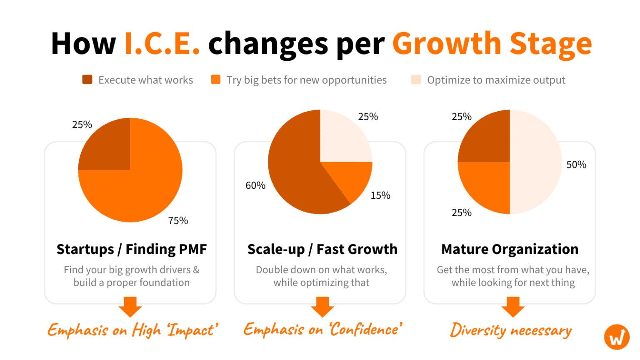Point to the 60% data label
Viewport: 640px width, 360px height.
point(255,185)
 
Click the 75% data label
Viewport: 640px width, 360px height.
point(178,220)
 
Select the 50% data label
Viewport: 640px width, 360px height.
point(576,165)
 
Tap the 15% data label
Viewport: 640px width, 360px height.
point(380,195)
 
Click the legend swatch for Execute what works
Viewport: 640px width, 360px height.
point(87,80)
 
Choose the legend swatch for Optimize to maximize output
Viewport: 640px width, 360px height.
point(416,80)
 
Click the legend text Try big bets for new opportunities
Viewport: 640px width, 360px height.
point(306,80)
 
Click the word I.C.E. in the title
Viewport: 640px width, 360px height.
point(162,43)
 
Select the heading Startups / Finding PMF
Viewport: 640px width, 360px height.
point(132,249)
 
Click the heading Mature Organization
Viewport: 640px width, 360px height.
point(510,249)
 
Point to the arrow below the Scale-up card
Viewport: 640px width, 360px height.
point(322,307)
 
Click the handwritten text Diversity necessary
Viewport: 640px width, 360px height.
point(510,330)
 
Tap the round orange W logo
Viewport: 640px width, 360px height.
point(617,337)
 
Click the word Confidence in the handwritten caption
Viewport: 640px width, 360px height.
point(365,330)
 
